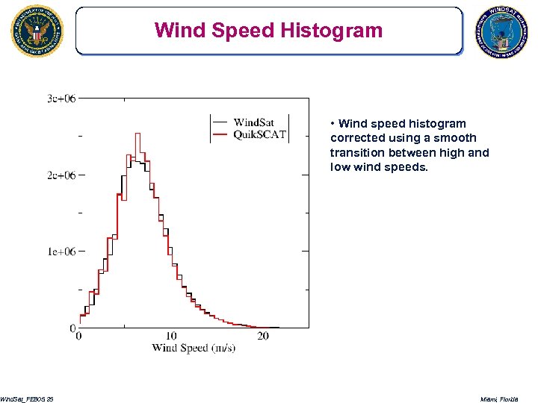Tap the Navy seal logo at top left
click(37, 31)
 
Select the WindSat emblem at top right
click(502, 34)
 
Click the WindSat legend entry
click(258, 123)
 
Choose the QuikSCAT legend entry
click(260, 134)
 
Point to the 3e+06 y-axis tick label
click(61, 99)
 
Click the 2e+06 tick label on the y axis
click(61, 175)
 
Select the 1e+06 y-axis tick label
click(61, 252)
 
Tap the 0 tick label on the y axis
click(72, 328)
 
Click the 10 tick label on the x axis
click(171, 337)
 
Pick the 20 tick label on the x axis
click(263, 337)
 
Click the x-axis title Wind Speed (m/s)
click(194, 349)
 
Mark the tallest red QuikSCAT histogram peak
click(137, 134)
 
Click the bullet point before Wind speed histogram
click(333, 124)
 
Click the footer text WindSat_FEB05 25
click(27, 399)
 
